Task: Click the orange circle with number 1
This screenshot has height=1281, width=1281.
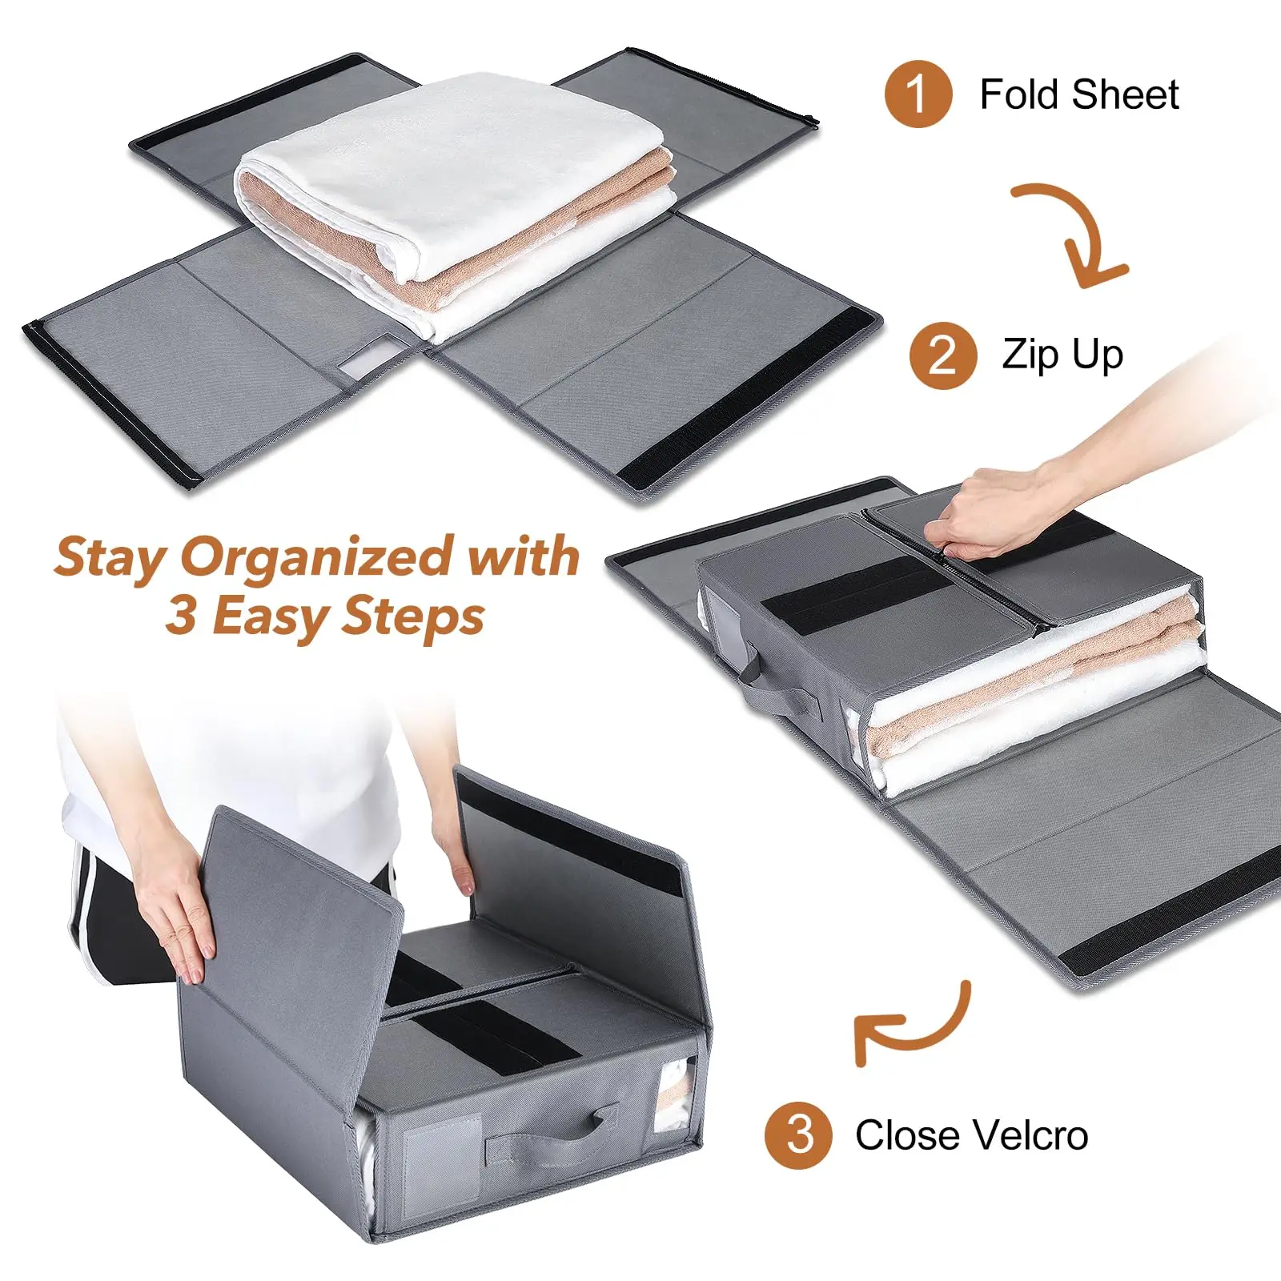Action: [x=918, y=94]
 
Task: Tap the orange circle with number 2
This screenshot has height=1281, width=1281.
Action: [x=942, y=355]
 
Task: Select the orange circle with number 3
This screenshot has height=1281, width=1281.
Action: [x=798, y=1134]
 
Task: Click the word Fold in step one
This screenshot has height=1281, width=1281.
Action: [x=1019, y=94]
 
